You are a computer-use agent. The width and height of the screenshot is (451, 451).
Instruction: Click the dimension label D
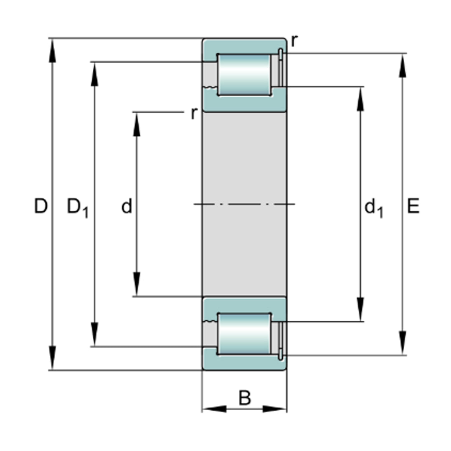click(x=41, y=206)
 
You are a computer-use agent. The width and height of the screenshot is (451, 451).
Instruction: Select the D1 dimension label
click(x=77, y=207)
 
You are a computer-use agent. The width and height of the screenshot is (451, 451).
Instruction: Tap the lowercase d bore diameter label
click(x=127, y=206)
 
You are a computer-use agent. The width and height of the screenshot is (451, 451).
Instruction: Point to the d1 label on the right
click(x=373, y=208)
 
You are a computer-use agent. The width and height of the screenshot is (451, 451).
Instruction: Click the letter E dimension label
click(x=413, y=206)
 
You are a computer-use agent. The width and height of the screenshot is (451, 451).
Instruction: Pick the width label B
click(x=245, y=398)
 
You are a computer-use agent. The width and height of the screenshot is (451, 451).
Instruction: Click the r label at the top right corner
click(x=294, y=41)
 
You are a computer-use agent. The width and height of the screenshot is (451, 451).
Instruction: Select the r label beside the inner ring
click(x=193, y=113)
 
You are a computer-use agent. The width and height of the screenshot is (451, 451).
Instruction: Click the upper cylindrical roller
click(x=244, y=75)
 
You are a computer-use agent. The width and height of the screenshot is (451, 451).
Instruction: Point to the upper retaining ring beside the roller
click(x=281, y=67)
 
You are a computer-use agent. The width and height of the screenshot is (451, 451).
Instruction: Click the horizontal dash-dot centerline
click(x=244, y=204)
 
